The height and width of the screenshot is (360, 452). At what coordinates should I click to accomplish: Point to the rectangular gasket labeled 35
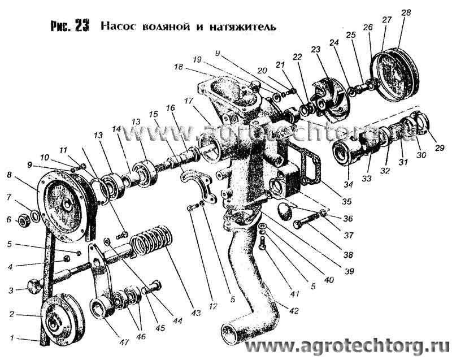click(x=307, y=159)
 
